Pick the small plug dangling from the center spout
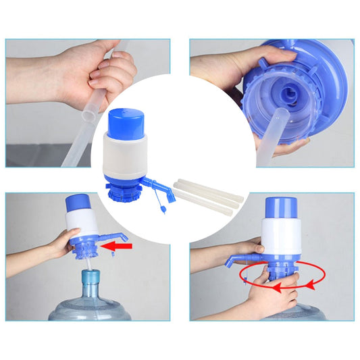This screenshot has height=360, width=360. click(x=162, y=210)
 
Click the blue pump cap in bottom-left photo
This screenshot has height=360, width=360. click(x=78, y=203)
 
